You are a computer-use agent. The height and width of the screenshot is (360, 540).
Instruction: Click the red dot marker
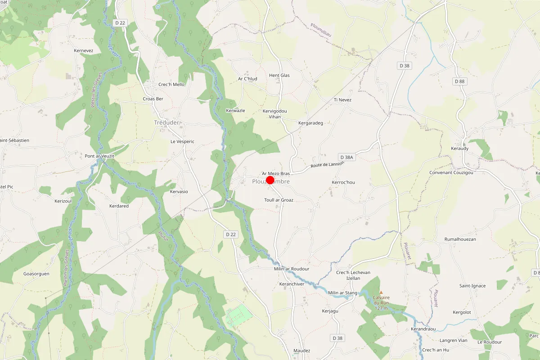270,180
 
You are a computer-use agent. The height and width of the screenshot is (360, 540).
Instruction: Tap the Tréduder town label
166,122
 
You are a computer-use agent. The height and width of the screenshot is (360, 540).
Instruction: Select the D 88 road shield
459,81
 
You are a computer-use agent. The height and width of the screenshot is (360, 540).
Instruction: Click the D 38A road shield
347,157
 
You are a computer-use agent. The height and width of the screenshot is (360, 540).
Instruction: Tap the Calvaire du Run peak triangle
381,292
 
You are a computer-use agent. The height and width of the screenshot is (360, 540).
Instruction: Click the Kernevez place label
84,50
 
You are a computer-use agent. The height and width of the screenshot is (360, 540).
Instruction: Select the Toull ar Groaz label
279,200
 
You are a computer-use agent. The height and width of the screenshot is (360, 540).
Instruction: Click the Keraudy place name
459,148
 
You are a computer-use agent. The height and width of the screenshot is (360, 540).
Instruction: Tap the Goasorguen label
36,274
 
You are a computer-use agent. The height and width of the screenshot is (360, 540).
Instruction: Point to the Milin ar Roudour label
292,269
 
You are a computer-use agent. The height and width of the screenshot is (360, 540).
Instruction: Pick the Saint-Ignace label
472,286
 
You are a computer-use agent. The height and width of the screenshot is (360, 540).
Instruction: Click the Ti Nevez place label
342,100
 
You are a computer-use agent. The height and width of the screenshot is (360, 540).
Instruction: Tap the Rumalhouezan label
460,239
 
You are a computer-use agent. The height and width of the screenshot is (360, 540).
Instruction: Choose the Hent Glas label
279,75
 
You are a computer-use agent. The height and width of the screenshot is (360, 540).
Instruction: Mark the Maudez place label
301,351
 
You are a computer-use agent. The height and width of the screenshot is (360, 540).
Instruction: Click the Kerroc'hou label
343,182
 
